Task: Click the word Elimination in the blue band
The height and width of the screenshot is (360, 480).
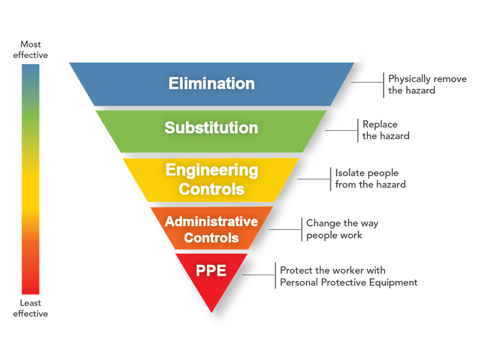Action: pos(211,83)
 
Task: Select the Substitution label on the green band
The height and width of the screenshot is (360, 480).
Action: pos(211,128)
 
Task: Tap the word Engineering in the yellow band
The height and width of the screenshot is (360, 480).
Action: pos(211,170)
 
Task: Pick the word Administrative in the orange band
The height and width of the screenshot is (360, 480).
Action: pos(211,221)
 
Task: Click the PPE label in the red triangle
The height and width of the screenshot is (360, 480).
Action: pos(211,270)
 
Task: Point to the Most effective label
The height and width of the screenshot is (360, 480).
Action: pos(30,50)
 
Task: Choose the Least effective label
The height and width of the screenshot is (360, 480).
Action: pos(30,308)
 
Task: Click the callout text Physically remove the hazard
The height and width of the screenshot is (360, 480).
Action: pos(427,85)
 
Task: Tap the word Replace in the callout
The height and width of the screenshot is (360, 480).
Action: pos(380,124)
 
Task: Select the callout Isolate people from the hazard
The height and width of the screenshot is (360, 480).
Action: pos(370,179)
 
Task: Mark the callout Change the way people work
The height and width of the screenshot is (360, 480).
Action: pos(342,229)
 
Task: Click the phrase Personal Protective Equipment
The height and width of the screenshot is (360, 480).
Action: pos(348,282)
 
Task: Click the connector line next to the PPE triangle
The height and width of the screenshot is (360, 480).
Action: pos(258,274)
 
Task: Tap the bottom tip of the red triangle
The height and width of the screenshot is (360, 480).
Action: pos(211,311)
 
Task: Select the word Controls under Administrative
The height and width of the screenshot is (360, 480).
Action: pos(211,238)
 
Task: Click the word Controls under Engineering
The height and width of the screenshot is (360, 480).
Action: pos(211,189)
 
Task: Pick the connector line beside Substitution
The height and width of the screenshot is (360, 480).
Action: pos(341,131)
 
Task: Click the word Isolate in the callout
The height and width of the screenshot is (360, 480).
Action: pos(350,173)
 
